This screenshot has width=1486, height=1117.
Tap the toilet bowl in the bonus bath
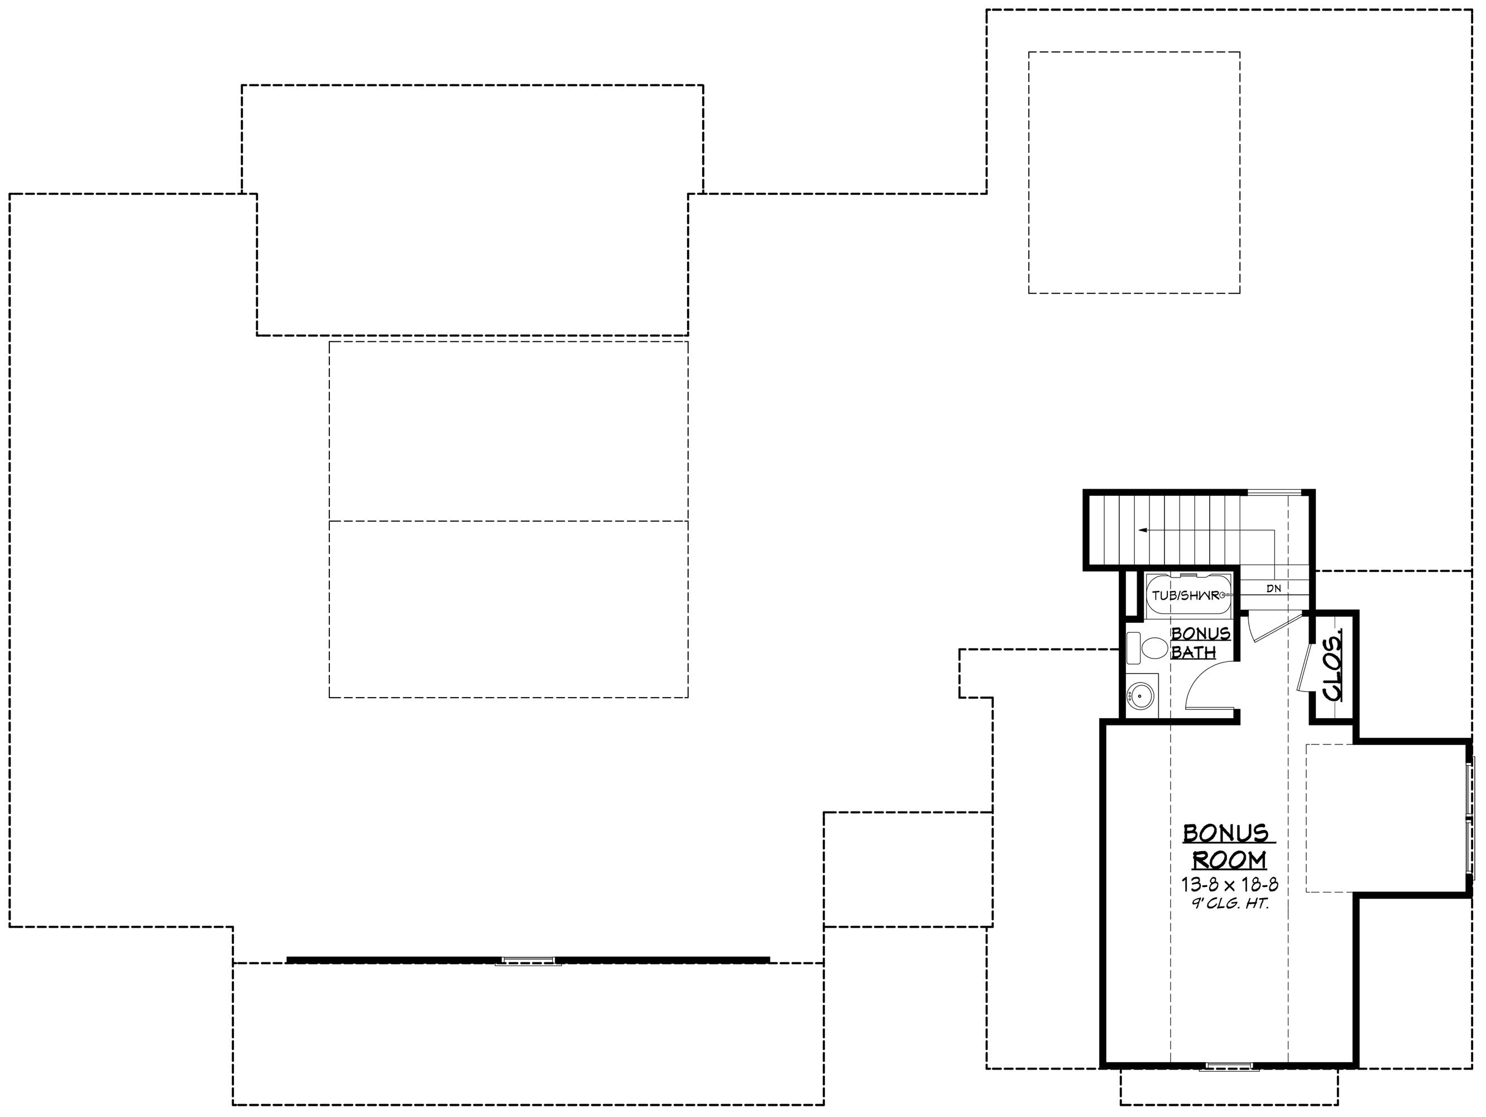(x=1156, y=648)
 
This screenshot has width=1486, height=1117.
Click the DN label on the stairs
(x=1274, y=589)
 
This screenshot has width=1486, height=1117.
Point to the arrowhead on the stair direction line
(x=1142, y=530)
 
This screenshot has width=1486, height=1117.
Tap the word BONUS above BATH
(x=1201, y=633)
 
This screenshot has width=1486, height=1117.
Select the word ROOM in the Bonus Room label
(x=1229, y=860)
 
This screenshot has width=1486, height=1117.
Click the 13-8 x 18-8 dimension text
(x=1229, y=885)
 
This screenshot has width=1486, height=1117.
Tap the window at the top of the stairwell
(x=1274, y=493)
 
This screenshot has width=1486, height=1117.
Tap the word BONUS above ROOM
(x=1225, y=833)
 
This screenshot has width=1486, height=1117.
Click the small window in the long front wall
(x=529, y=961)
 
